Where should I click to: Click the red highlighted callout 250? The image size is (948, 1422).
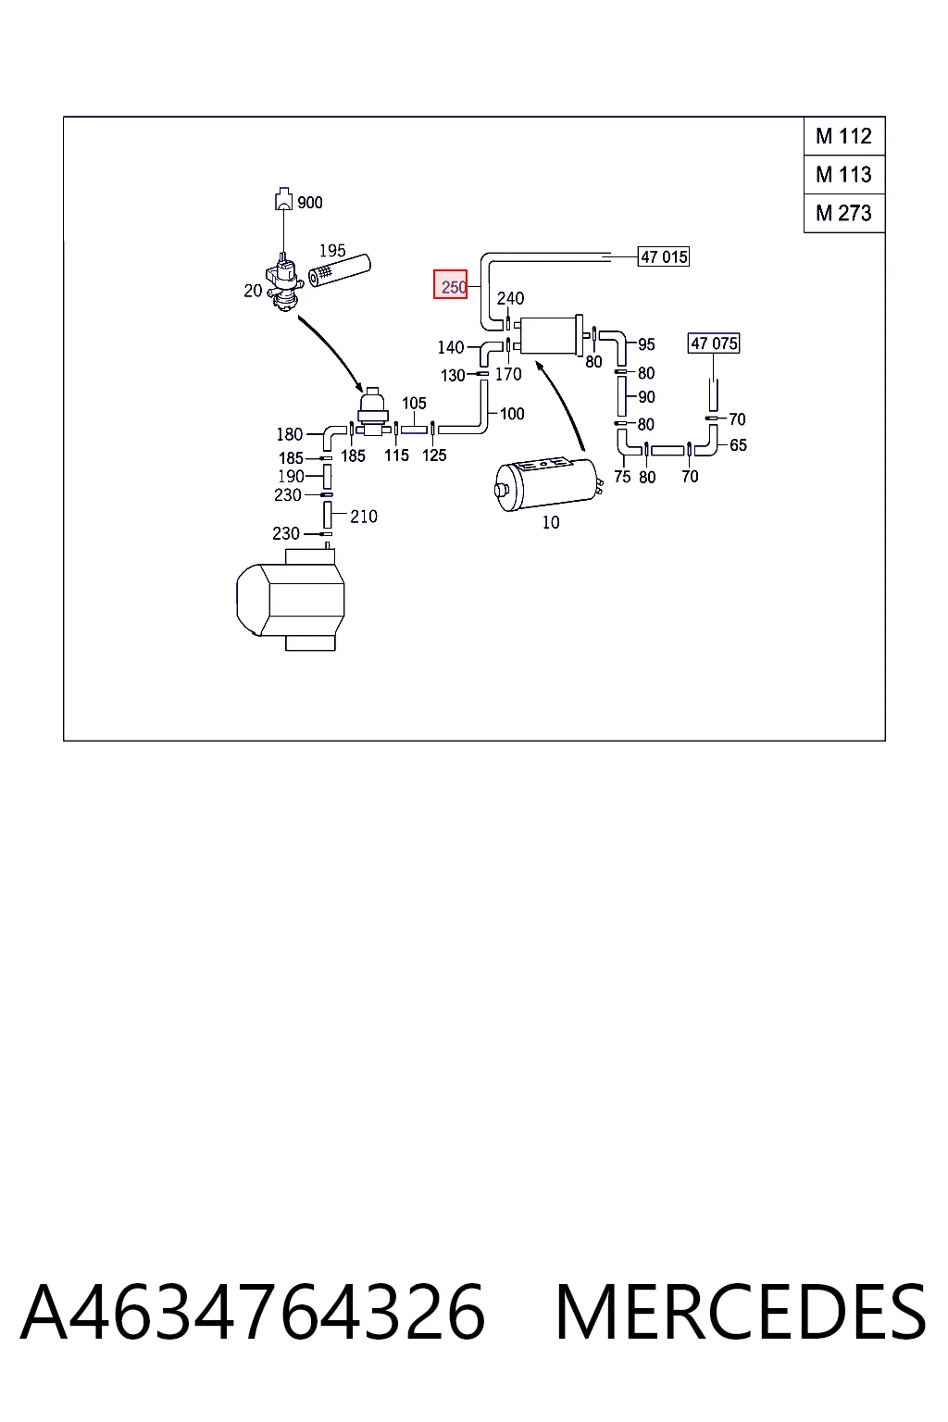coord(450,284)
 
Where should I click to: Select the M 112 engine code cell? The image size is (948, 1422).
coord(844,136)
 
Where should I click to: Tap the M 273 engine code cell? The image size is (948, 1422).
coord(844,213)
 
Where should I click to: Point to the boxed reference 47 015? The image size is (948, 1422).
coord(664,257)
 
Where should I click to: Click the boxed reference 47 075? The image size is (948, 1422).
coord(714,343)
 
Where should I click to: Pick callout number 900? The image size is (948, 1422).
coord(310,203)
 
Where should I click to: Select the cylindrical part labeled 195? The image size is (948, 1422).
coord(340,270)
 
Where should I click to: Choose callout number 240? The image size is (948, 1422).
coord(510,298)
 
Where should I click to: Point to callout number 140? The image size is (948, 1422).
coord(451,347)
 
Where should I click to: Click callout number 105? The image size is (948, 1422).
coord(414,403)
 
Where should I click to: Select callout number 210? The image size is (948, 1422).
coord(364,517)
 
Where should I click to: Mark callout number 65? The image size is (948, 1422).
coord(738,445)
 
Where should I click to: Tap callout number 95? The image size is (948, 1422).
coord(646,344)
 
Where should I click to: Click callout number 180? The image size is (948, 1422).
coord(290,434)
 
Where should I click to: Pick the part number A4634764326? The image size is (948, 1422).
coord(253,1313)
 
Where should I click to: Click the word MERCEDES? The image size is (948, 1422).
coord(741,1313)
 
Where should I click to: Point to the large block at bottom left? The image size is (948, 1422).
coord(291,599)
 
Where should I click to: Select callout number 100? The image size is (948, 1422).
coord(512,414)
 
